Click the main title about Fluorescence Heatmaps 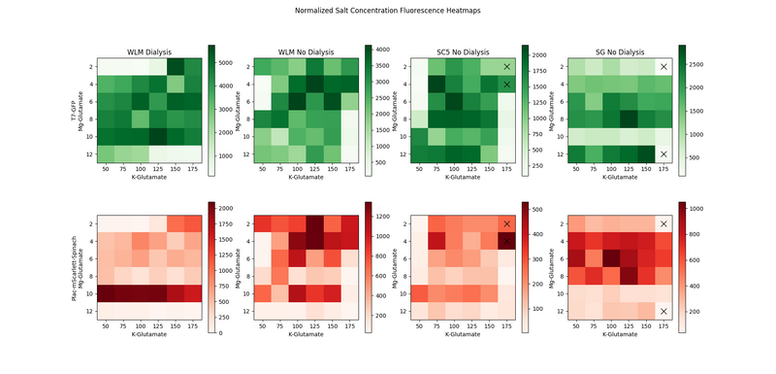tap(388, 10)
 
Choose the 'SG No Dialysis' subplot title tap(619, 52)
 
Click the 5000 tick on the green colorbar tap(231, 61)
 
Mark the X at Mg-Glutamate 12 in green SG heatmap tap(663, 154)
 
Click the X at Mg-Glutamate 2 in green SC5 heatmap tap(506, 67)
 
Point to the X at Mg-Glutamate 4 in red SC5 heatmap tap(506, 240)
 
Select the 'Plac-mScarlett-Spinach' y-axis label tap(73, 266)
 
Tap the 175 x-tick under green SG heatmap tap(663, 169)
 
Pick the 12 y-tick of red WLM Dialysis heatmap tap(89, 311)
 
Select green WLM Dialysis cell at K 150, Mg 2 tap(176, 67)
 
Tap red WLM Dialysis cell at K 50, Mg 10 tap(107, 293)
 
